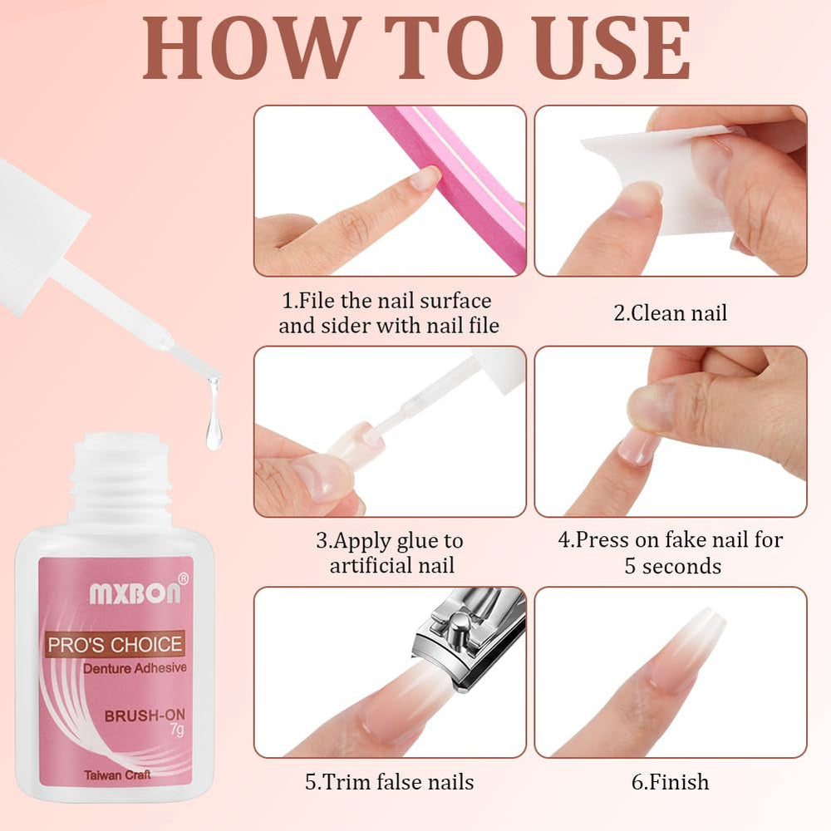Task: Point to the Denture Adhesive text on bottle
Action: pos(134,668)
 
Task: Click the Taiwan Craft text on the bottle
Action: pos(116,774)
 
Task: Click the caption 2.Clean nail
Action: pos(670,313)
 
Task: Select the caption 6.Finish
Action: pos(670,782)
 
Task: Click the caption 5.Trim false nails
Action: pos(389,782)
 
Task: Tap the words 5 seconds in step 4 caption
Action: pos(672,567)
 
